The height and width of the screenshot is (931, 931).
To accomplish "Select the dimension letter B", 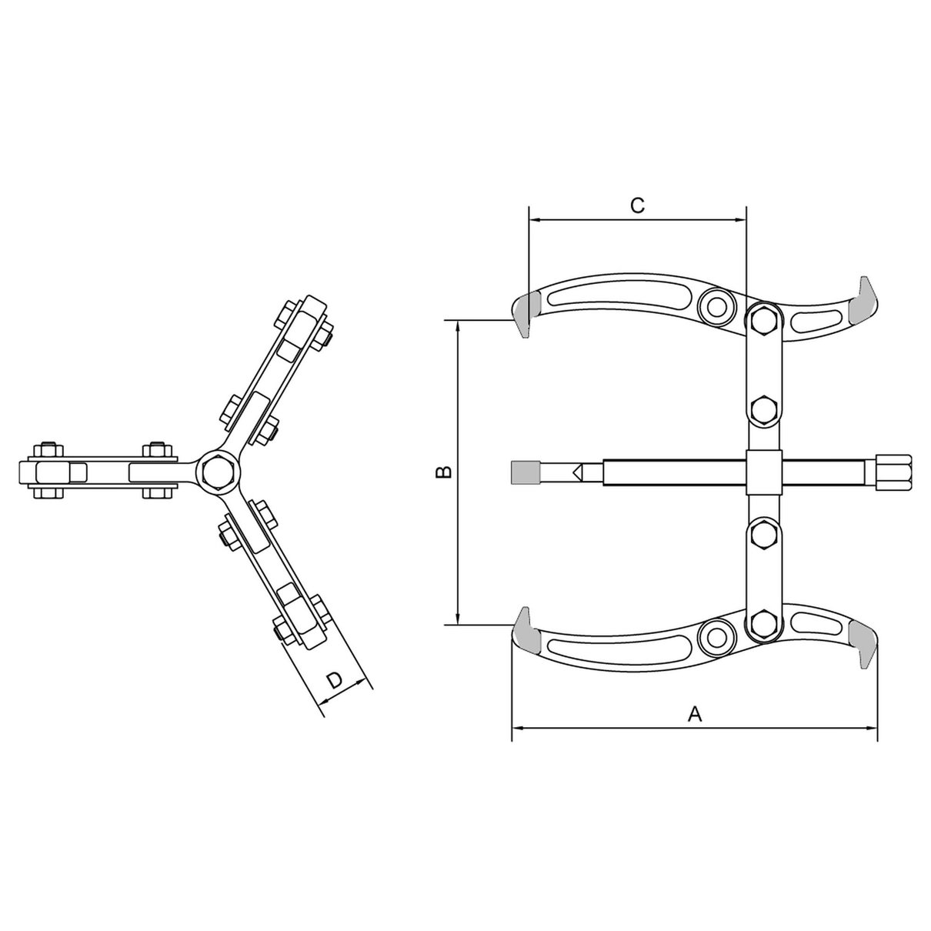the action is tap(443, 472).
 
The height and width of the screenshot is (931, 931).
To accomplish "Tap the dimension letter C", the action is tap(638, 205).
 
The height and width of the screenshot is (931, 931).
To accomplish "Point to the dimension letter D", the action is tap(335, 681).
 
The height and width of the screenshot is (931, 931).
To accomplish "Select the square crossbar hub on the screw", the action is tap(763, 472).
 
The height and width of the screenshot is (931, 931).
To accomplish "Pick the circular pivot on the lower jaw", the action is tap(716, 639).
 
